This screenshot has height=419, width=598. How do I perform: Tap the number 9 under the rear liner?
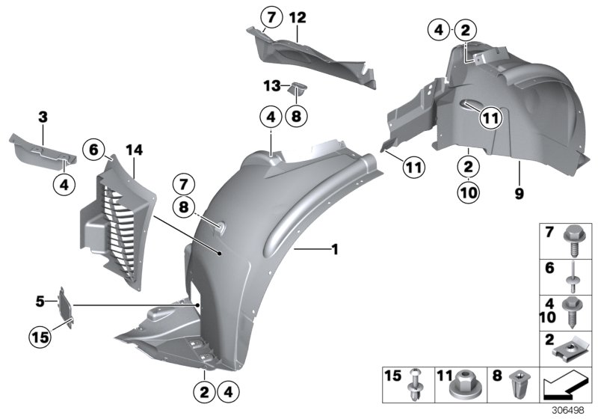pyautogui.click(x=519, y=193)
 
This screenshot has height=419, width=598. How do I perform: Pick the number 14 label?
pyautogui.click(x=134, y=150)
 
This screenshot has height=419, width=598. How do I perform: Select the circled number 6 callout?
pyautogui.click(x=95, y=149)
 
